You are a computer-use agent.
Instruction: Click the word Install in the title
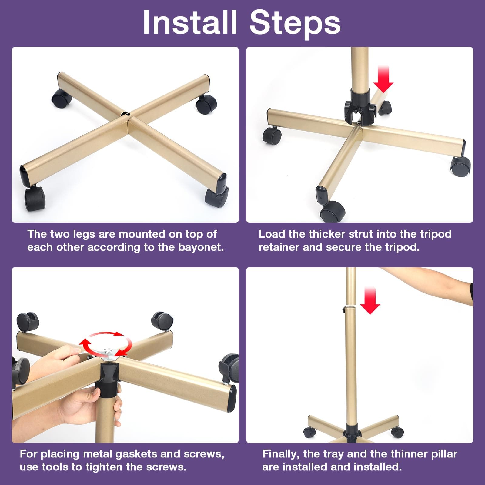pos(190,22)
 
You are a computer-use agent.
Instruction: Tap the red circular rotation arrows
pos(106,344)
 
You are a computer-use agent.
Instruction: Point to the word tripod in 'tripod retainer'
pos(436,234)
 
